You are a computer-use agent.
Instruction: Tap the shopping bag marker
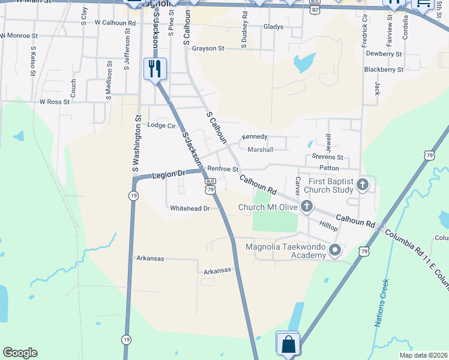coord(288,344)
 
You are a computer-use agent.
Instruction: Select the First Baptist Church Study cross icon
coord(362,185)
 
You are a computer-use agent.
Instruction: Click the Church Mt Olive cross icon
coord(307,208)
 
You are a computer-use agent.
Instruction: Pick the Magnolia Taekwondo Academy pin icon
coord(335,250)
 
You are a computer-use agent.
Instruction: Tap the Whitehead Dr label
coord(190,208)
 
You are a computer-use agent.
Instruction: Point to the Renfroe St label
coord(223,170)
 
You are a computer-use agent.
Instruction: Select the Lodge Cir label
coord(161,125)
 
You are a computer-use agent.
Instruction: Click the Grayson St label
coord(208,48)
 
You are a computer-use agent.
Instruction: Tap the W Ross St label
coord(55,102)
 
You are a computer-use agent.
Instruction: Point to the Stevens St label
coord(327,157)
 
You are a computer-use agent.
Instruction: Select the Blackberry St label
coord(384,70)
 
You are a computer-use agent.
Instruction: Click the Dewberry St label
coord(384,54)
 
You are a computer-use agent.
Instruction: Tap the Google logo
coord(20,353)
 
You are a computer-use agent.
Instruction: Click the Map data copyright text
coord(423,355)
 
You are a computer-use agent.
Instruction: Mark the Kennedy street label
coord(254,137)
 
